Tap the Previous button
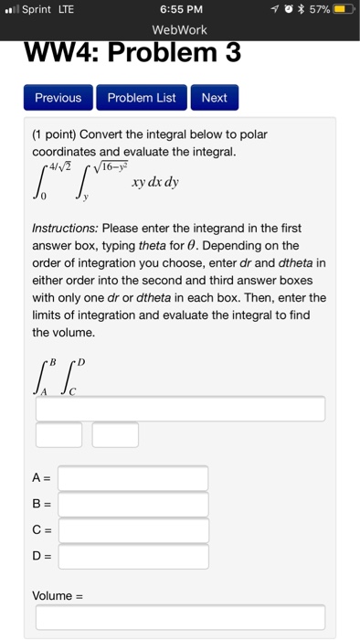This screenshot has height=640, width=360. [x=58, y=98]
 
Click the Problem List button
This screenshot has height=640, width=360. [x=142, y=98]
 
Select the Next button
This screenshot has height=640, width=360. [x=214, y=98]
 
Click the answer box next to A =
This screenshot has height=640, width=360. [x=133, y=478]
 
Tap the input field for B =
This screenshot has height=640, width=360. [x=133, y=504]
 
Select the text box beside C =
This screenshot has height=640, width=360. [x=133, y=530]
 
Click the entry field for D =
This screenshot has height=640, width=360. [x=133, y=556]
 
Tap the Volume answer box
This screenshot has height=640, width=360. [x=180, y=618]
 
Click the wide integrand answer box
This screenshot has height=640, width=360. [x=180, y=409]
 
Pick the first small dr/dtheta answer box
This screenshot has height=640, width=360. [x=59, y=435]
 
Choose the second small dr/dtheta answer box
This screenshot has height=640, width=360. [x=115, y=435]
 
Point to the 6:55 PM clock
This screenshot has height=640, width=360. [x=180, y=11]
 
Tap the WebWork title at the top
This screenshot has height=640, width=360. [x=180, y=30]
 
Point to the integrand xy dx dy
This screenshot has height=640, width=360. [x=154, y=182]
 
